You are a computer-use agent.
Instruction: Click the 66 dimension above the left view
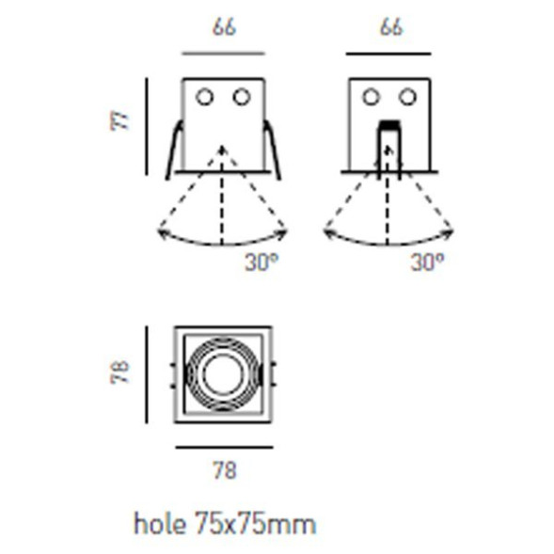click(224, 27)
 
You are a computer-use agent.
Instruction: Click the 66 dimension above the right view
click(391, 27)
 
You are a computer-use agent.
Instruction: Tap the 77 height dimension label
click(119, 121)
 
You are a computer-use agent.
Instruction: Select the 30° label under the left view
click(261, 262)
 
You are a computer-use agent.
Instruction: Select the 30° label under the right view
click(427, 262)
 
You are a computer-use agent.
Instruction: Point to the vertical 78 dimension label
click(119, 372)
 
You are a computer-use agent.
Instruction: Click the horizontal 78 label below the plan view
click(225, 470)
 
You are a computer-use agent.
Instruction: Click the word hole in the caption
click(160, 523)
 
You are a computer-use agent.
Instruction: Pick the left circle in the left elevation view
click(204, 97)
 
